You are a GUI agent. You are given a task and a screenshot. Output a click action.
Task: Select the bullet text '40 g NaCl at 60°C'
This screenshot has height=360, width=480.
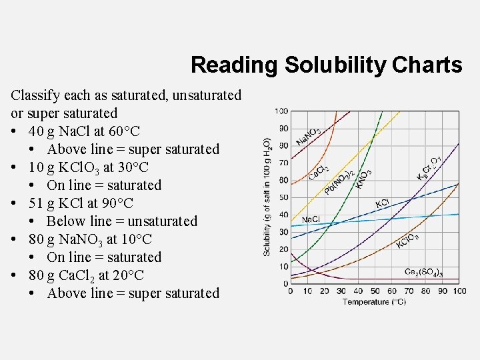point(84,131)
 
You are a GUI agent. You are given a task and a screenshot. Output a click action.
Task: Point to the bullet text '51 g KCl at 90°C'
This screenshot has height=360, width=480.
point(81,203)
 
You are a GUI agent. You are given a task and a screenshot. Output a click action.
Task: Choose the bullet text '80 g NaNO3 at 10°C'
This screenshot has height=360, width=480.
point(90,239)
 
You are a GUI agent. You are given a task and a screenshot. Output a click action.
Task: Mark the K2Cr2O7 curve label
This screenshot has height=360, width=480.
point(429,167)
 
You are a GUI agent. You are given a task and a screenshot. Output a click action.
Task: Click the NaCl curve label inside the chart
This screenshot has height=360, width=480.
point(311,220)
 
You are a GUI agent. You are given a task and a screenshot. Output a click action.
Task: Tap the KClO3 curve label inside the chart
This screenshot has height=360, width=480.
point(407,241)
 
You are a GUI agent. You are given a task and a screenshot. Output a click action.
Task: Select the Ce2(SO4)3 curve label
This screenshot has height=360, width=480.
point(423,272)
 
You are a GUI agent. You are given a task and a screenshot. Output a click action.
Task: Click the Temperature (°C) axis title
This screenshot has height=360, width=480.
point(374,302)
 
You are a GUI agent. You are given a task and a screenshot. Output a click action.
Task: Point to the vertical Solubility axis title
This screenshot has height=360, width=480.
point(267,197)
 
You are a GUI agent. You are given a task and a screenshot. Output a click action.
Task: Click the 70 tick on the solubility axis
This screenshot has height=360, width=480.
point(283,163)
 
